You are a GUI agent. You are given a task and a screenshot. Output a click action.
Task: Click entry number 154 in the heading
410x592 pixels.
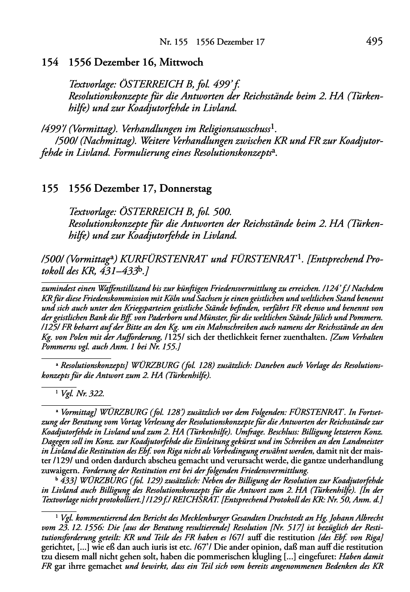pos(50,62)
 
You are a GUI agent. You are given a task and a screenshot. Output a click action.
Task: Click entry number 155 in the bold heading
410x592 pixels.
pos(50,189)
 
